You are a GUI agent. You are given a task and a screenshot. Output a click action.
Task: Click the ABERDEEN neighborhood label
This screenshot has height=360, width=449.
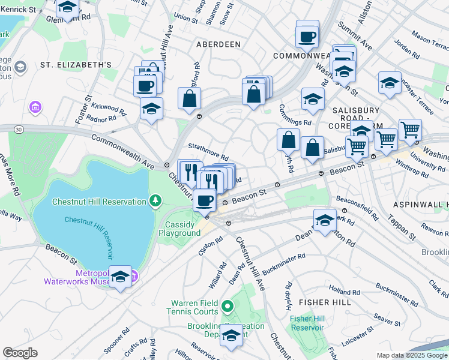click(x=217, y=44)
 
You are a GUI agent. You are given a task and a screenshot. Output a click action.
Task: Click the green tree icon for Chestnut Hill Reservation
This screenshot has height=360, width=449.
click(x=155, y=200)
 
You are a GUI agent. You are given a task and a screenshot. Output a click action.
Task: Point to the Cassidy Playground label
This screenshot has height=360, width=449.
click(x=182, y=229)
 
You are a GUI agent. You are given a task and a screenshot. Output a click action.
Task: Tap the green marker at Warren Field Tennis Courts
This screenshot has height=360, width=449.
click(x=227, y=308)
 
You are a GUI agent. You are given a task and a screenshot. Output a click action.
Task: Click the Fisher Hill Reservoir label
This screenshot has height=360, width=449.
click(x=307, y=323)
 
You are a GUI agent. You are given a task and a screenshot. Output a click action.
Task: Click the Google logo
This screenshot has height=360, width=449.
click(x=20, y=353)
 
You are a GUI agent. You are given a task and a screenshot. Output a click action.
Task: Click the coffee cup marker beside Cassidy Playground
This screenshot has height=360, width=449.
click(x=205, y=200)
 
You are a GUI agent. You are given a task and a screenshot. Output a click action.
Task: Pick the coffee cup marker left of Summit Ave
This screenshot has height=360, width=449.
click(x=307, y=37)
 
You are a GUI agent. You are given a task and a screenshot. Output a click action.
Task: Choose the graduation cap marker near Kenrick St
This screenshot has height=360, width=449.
click(x=67, y=8)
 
